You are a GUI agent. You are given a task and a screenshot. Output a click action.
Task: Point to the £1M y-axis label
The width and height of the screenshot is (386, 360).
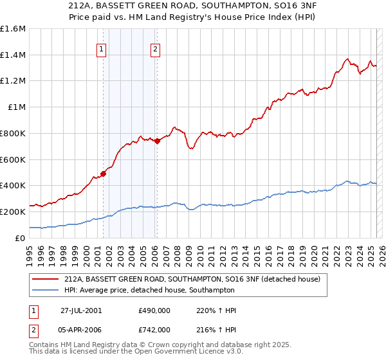pos(15,107)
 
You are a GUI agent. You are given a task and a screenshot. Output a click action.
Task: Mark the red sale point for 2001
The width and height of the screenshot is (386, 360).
pos(104,173)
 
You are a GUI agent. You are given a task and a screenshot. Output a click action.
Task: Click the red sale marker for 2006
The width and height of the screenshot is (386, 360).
pos(157,140)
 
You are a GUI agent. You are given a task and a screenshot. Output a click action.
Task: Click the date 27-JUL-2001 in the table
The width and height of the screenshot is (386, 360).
pos(80,310)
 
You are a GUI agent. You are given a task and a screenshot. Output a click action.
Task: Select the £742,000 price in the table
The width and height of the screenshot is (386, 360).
pos(154,330)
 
